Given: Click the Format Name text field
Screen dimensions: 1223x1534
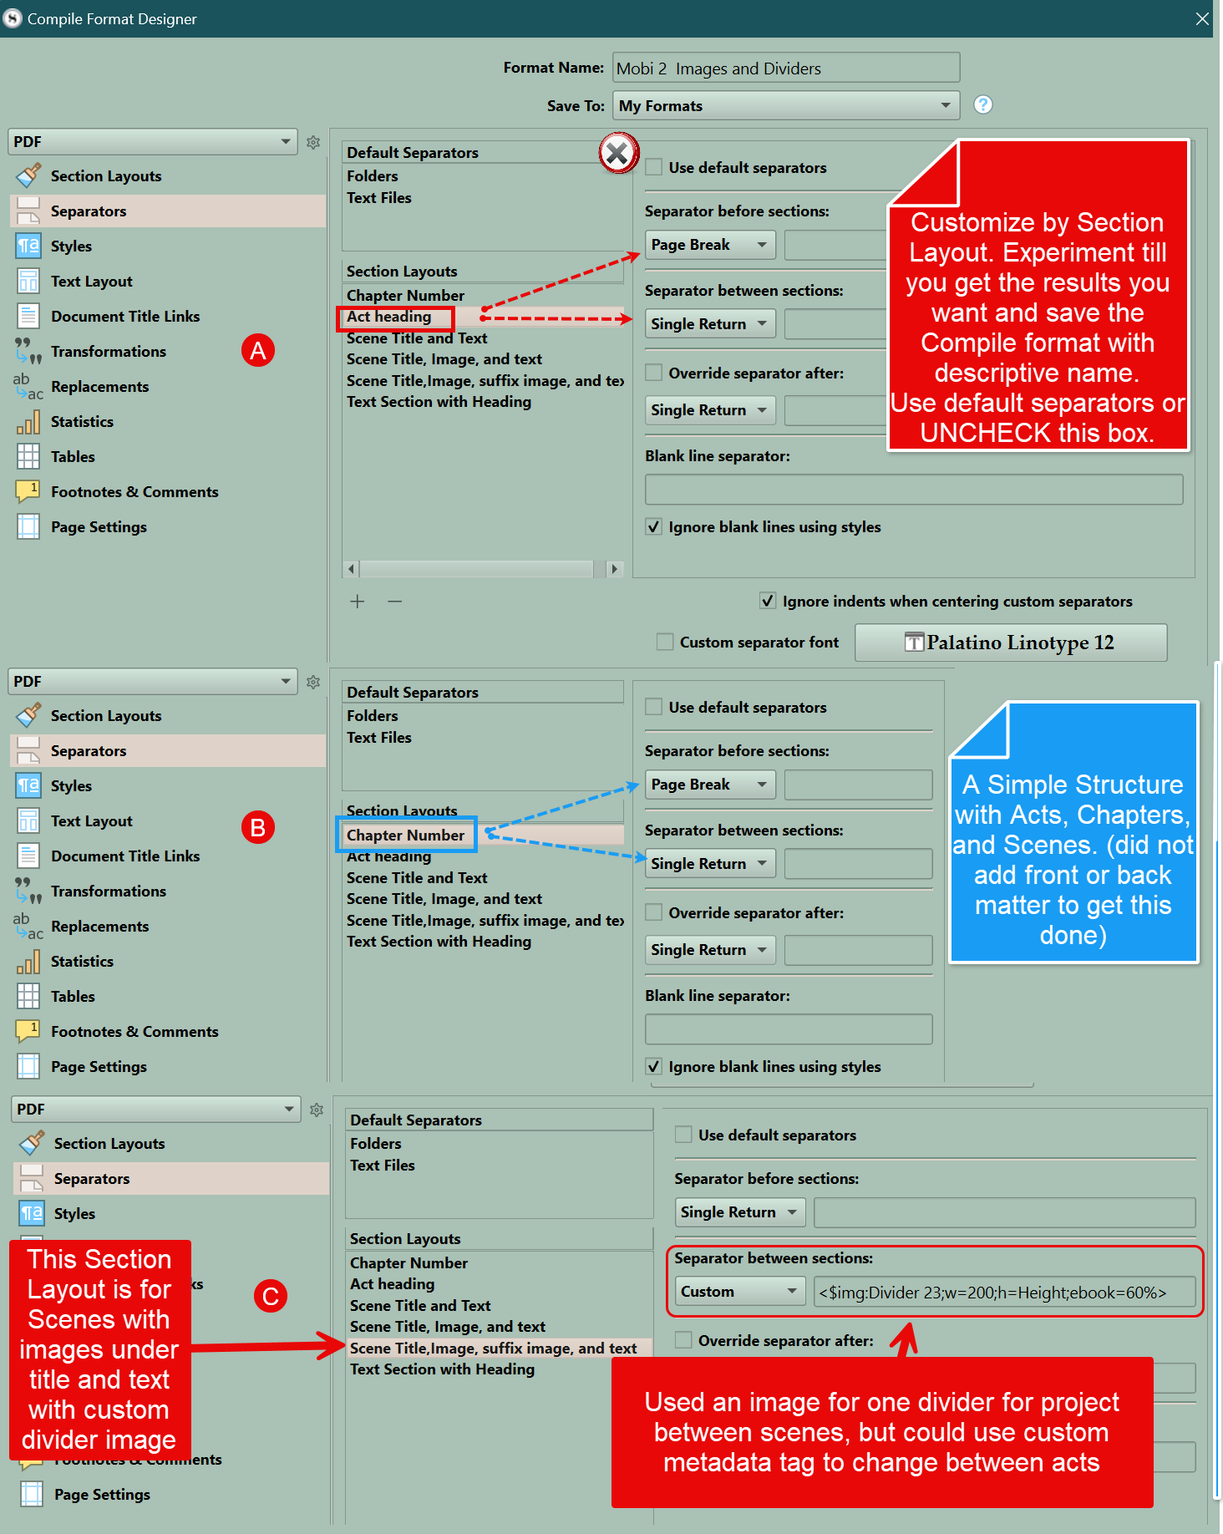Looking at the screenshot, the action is click(x=785, y=69).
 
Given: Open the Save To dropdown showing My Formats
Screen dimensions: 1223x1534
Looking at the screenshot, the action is click(x=785, y=106).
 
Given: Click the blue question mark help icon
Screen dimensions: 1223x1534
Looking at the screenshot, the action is click(x=983, y=104).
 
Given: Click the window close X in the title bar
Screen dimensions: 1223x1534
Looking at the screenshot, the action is click(x=1202, y=18).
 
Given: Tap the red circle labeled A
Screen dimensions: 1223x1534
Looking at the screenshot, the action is click(x=258, y=350).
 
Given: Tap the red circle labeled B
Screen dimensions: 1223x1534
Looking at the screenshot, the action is click(x=258, y=827).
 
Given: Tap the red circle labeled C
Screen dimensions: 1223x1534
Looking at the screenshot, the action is click(x=270, y=1296).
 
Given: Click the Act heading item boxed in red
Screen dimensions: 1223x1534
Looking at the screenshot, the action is click(x=390, y=317).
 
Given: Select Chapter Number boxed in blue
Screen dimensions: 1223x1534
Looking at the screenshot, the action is click(x=406, y=836).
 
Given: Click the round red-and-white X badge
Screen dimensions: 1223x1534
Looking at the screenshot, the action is click(x=618, y=154).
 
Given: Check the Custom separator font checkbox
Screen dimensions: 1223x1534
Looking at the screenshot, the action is click(x=665, y=642).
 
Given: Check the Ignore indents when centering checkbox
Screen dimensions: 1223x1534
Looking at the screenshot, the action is click(x=768, y=601).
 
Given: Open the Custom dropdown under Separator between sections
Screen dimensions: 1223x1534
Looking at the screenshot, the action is click(x=739, y=1292).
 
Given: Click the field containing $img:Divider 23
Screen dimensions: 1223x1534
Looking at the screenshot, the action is click(x=1003, y=1293).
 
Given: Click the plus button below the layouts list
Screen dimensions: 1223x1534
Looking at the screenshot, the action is click(x=358, y=602).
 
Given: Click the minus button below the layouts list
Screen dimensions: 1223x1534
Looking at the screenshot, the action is click(x=395, y=602).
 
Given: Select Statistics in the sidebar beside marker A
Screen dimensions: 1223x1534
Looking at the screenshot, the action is click(x=82, y=422).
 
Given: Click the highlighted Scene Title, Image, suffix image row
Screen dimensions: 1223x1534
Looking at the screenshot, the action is click(x=493, y=1349).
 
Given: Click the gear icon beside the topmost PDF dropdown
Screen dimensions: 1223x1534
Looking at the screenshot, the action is click(x=313, y=142).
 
